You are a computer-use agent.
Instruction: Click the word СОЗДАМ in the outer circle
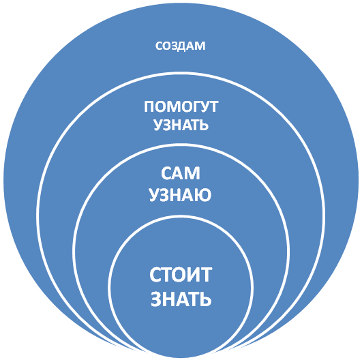click(x=180, y=46)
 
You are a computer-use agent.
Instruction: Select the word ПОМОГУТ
click(x=181, y=106)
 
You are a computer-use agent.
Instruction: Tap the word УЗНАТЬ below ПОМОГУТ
click(x=181, y=125)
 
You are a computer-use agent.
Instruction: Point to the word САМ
click(x=181, y=173)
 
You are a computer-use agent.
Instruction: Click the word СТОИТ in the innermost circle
click(x=181, y=275)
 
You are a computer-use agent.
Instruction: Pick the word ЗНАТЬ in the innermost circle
click(x=181, y=299)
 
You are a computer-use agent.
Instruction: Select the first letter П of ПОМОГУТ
click(x=149, y=106)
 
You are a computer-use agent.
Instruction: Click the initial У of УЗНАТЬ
click(x=158, y=125)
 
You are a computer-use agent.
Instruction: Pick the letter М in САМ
click(x=192, y=173)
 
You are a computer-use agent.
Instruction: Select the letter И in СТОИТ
click(x=194, y=275)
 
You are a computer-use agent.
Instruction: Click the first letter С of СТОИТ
click(x=155, y=275)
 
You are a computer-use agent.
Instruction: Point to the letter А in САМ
click(x=178, y=173)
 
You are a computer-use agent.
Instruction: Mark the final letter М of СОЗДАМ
click(x=200, y=46)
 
